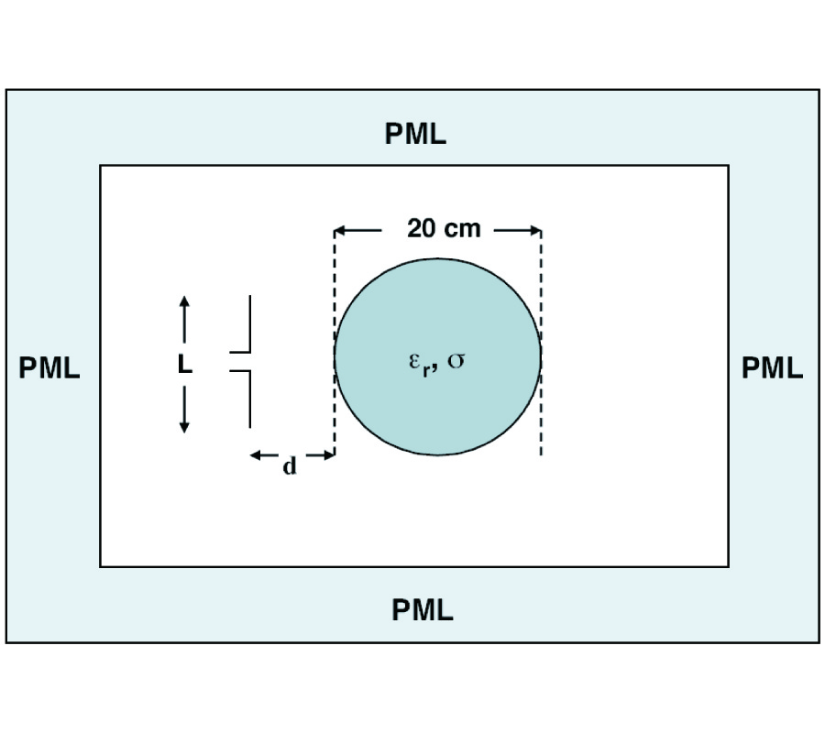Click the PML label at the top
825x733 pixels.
415,135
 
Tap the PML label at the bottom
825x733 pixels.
423,609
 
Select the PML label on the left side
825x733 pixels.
49,368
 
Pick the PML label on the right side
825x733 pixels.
772,368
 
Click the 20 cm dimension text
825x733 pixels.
444,228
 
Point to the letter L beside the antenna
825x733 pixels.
185,366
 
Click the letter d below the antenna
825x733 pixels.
290,466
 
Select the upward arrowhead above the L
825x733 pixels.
184,303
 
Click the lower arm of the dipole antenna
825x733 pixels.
249,399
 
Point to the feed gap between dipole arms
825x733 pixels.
240,361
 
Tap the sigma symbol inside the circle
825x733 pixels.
456,359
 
